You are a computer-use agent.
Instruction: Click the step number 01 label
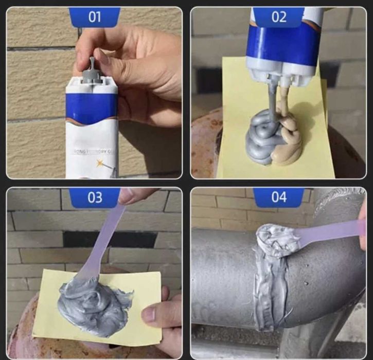[95, 16]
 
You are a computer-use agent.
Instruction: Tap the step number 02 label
[278, 16]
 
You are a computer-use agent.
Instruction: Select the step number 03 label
[95, 197]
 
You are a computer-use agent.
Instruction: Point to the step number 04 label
[278, 197]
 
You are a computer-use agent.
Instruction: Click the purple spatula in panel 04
[329, 231]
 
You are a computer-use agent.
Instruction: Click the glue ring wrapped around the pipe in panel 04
[268, 293]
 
